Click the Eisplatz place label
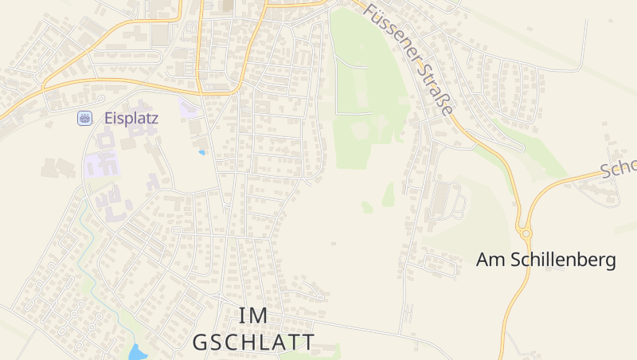pyautogui.click(x=131, y=118)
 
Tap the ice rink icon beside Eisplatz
pyautogui.click(x=84, y=118)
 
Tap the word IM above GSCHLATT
pyautogui.click(x=253, y=315)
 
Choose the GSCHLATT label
pyautogui.click(x=253, y=342)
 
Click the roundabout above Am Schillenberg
pyautogui.click(x=524, y=233)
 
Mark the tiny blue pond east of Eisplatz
pyautogui.click(x=201, y=151)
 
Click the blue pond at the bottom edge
pyautogui.click(x=138, y=352)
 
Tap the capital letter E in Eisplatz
pyautogui.click(x=108, y=118)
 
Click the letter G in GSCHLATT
pyautogui.click(x=201, y=342)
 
